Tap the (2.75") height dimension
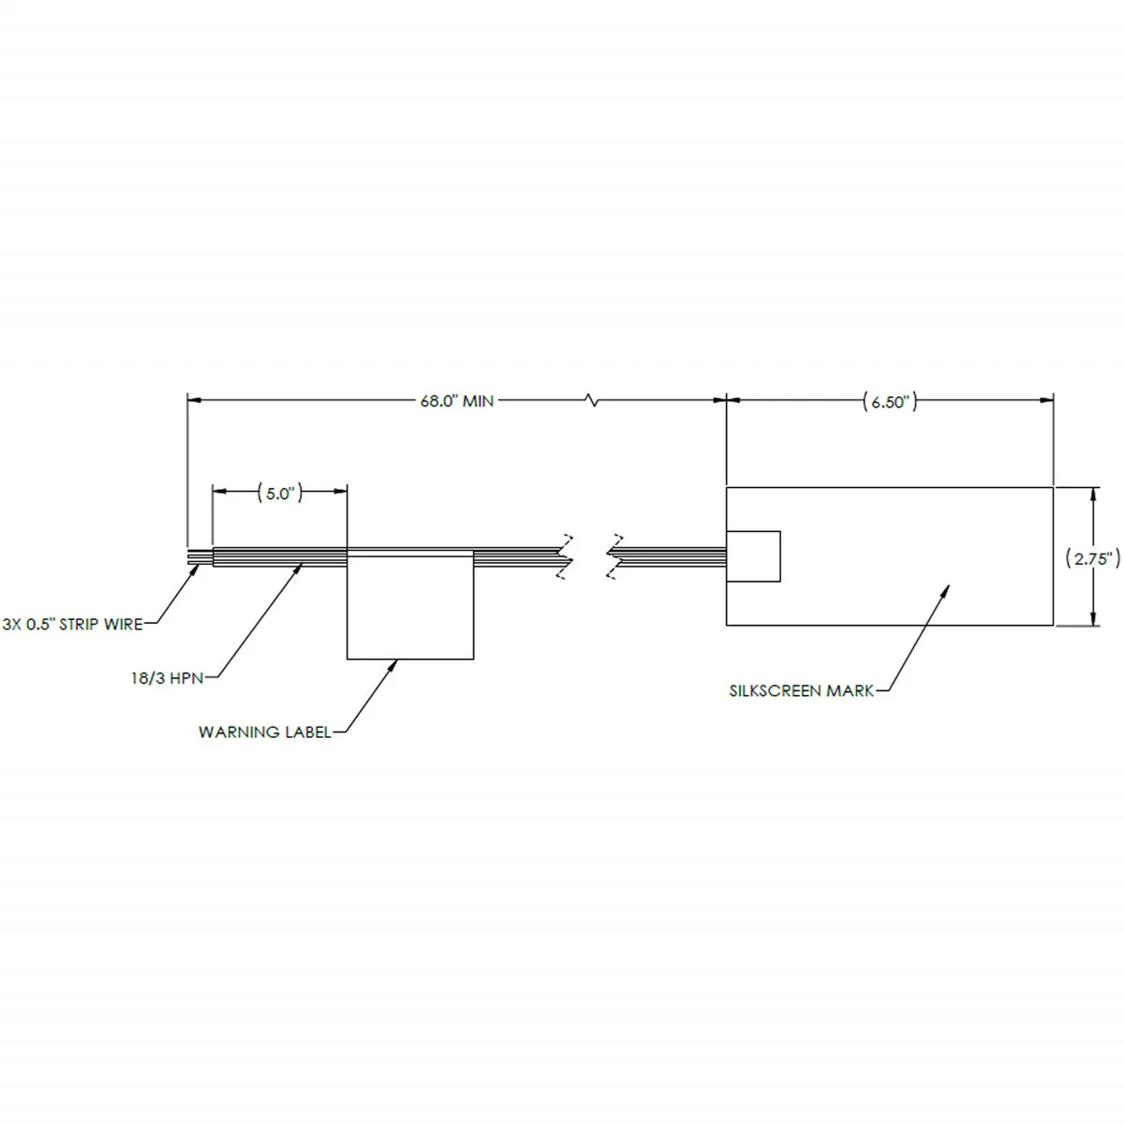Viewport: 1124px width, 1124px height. point(1094,558)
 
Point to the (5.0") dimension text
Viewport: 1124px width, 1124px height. point(280,494)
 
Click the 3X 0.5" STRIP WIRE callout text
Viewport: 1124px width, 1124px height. point(72,624)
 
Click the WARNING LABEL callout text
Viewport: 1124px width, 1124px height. point(265,732)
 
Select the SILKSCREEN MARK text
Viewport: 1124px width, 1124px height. point(802,691)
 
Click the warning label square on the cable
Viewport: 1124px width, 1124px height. point(409,607)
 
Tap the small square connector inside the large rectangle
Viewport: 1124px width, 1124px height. point(753,556)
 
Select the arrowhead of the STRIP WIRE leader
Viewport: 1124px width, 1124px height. point(194,569)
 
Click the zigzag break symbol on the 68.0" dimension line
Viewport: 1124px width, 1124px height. point(592,402)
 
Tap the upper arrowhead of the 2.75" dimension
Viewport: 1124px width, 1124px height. point(1092,493)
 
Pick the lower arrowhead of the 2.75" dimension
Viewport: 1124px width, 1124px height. point(1092,619)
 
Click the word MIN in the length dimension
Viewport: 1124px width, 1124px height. point(478,401)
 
